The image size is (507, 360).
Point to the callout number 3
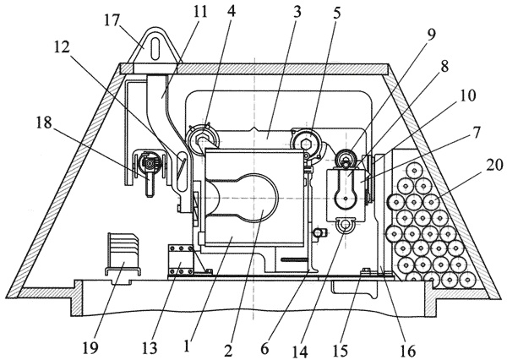pyautogui.click(x=274, y=14)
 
